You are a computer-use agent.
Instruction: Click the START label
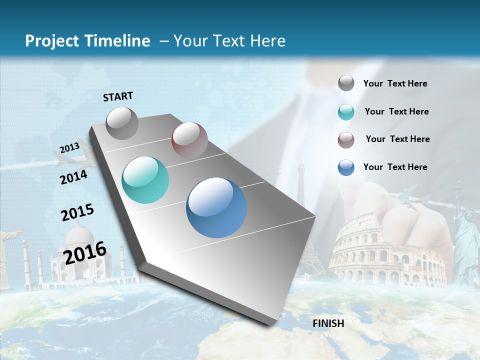point(118,96)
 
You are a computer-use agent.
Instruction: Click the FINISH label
point(328,323)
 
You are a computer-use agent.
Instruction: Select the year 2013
point(69,148)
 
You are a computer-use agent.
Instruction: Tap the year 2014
point(73,177)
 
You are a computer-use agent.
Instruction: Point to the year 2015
point(77,212)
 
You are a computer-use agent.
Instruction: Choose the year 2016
point(85,252)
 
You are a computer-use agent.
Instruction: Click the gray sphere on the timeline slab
point(122,123)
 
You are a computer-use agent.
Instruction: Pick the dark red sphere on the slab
point(189,140)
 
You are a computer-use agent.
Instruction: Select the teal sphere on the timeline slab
point(145,180)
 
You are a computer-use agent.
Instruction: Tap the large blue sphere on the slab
point(216,207)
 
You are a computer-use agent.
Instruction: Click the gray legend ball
point(346,83)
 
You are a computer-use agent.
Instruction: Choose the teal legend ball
point(346,112)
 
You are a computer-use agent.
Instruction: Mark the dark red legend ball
point(346,139)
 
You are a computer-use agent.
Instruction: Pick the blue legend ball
point(346,167)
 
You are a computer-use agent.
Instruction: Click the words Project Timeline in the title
point(87,41)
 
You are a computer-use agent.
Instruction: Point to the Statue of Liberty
point(466,245)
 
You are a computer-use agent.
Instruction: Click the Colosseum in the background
point(385,252)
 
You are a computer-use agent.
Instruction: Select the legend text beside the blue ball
point(395,167)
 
